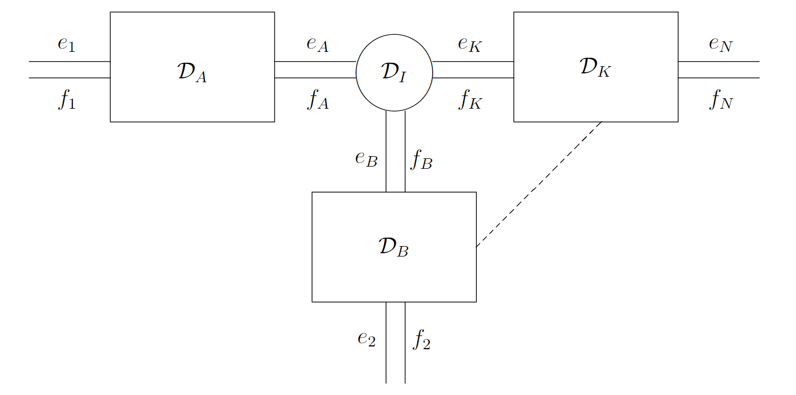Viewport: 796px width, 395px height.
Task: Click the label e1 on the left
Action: point(66,44)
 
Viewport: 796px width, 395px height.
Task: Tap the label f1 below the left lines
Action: point(66,101)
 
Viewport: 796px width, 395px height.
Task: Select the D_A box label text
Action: point(192,73)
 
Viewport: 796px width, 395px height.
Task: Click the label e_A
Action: point(318,44)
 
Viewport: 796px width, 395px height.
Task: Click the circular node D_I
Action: point(394,72)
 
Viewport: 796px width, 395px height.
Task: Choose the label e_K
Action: point(470,44)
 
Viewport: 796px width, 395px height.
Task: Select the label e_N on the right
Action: point(720,44)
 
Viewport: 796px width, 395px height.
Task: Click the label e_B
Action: point(367,159)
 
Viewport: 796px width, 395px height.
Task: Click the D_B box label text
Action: point(394,247)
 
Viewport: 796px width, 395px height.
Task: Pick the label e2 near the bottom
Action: point(367,338)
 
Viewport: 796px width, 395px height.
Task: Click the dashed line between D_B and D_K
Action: point(539,184)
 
